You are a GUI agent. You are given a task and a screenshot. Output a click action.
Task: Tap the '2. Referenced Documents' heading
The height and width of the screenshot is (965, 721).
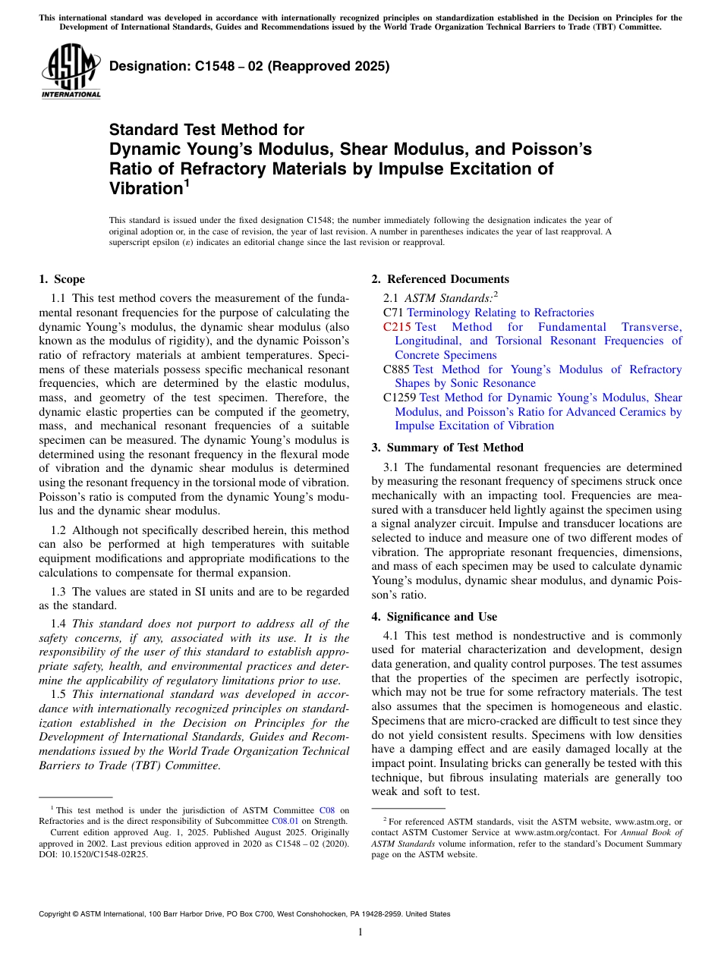(440, 279)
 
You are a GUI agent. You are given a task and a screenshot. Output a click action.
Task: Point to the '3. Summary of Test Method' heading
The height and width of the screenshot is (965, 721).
(447, 448)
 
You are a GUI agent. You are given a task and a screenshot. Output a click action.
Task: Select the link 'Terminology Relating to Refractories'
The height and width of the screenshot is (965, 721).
(500, 313)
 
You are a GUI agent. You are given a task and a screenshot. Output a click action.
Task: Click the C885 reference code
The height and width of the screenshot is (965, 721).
(397, 369)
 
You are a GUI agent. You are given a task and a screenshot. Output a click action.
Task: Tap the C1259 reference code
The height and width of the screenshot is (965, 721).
(400, 398)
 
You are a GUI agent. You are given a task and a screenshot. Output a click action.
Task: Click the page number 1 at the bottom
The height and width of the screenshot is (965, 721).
(360, 932)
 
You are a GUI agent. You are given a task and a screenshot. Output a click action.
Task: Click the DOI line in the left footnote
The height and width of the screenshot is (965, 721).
(93, 853)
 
